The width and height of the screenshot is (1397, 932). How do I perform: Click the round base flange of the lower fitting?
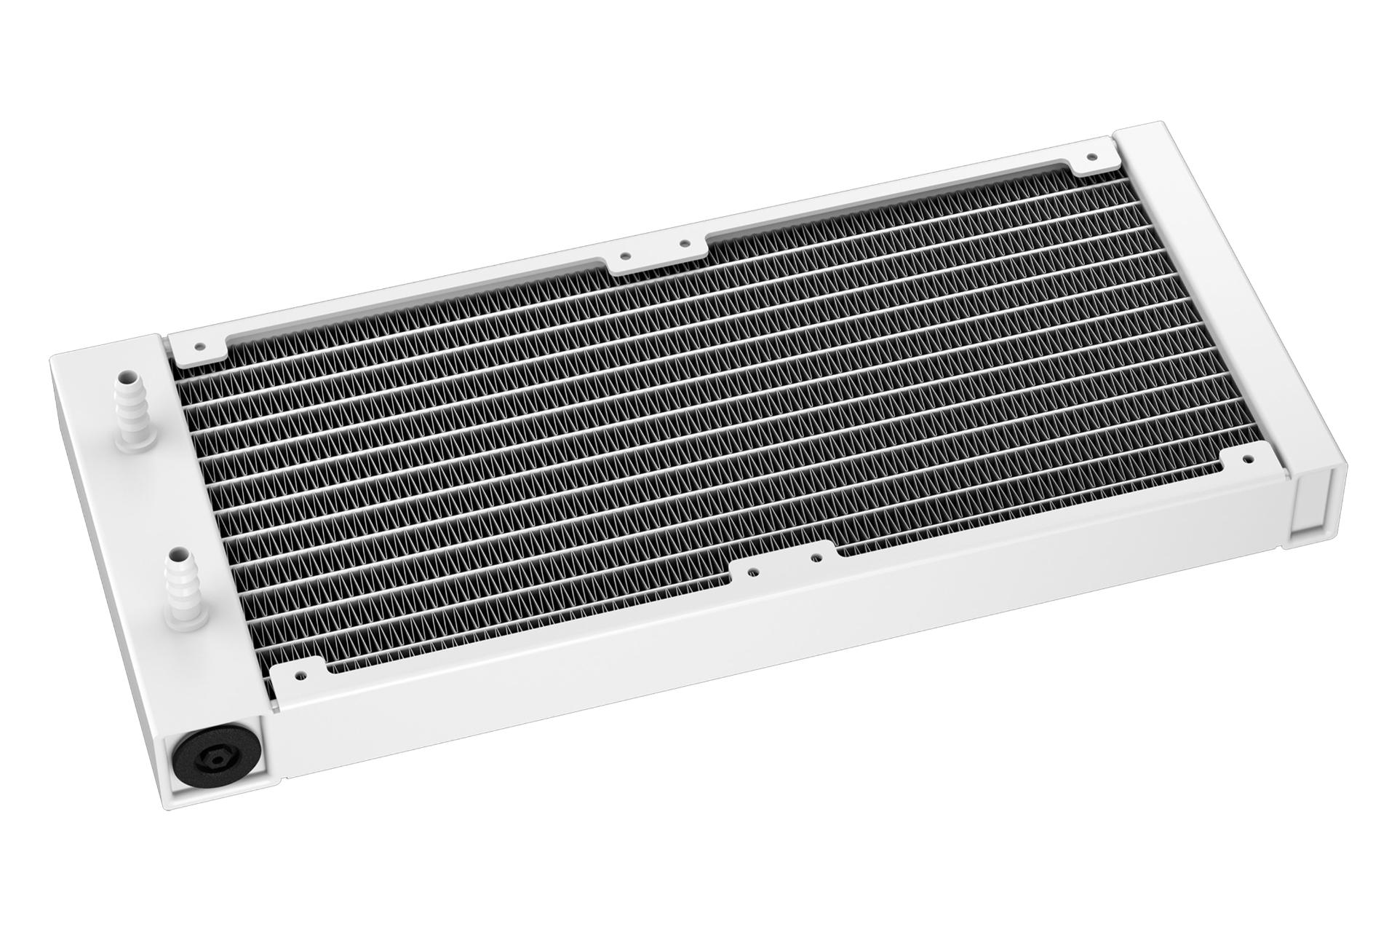tap(179, 617)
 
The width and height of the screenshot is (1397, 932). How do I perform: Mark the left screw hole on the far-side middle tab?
tap(624, 256)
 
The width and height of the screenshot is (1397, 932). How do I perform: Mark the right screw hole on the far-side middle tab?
tap(683, 245)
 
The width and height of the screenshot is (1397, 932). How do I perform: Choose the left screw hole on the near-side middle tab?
tap(752, 572)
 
